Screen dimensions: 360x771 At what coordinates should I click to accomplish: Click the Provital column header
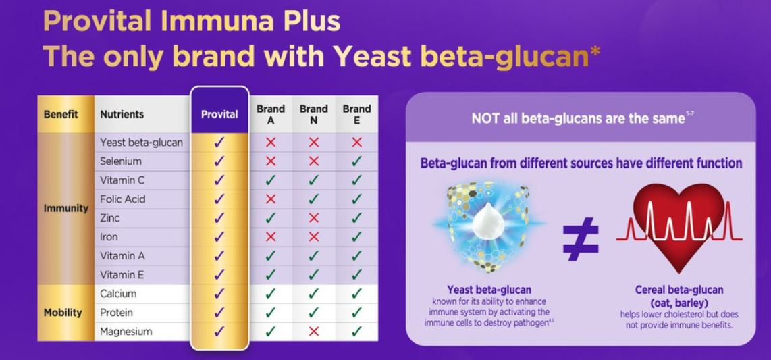pyautogui.click(x=219, y=114)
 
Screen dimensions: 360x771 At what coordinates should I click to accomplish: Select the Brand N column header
pyautogui.click(x=313, y=114)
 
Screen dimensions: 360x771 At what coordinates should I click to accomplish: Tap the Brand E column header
pyautogui.click(x=356, y=114)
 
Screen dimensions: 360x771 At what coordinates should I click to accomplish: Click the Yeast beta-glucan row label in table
pyautogui.click(x=140, y=143)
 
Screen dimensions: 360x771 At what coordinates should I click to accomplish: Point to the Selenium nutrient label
pyautogui.click(x=120, y=161)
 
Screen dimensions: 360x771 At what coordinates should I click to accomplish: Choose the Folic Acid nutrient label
pyautogui.click(x=122, y=199)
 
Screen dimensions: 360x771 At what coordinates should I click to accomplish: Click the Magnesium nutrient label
pyautogui.click(x=126, y=332)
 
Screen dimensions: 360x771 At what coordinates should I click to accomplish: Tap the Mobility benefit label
pyautogui.click(x=63, y=313)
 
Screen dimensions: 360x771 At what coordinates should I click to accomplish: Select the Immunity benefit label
pyautogui.click(x=66, y=208)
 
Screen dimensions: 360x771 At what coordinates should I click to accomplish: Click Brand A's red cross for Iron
pyautogui.click(x=271, y=237)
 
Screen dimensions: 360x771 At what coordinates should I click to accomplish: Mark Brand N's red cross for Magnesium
pyautogui.click(x=313, y=332)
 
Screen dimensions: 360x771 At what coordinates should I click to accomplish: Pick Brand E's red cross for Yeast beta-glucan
pyautogui.click(x=356, y=143)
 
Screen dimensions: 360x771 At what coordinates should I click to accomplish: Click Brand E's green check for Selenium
pyautogui.click(x=356, y=161)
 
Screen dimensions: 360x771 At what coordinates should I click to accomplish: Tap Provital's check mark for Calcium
pyautogui.click(x=219, y=294)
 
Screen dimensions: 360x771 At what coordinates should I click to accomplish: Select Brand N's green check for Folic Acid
pyautogui.click(x=313, y=199)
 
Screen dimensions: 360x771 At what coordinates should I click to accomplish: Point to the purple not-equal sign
pyautogui.click(x=581, y=238)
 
